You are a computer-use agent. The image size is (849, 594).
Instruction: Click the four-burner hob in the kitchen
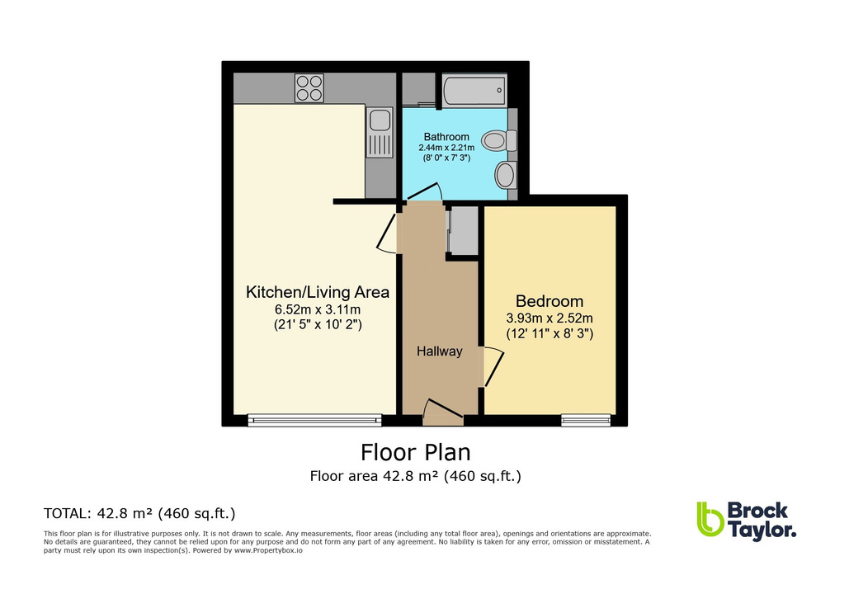(x=309, y=87)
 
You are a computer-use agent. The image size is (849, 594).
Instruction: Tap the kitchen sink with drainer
(x=380, y=133)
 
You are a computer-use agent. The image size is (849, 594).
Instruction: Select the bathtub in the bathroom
(x=474, y=91)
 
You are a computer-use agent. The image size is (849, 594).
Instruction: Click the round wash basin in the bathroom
(x=504, y=175)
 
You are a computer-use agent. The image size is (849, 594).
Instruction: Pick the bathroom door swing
(x=423, y=193)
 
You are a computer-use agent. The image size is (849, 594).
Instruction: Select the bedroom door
(x=492, y=367)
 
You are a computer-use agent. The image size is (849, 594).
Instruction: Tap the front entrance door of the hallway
(x=442, y=410)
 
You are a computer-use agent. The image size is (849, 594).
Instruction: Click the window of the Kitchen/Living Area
(x=315, y=420)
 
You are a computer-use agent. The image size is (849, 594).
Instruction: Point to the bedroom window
(x=586, y=420)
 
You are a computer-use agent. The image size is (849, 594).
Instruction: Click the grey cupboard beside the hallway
(x=463, y=232)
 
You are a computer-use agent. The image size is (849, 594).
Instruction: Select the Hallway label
(x=439, y=351)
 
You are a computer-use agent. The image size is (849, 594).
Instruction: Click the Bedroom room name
(x=549, y=301)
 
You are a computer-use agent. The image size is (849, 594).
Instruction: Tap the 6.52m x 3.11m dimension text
(x=318, y=309)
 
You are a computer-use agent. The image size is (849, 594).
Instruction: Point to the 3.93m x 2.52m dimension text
(x=549, y=318)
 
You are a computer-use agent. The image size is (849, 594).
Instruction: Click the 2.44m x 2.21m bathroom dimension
(x=446, y=148)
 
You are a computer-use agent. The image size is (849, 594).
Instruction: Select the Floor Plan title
(x=416, y=453)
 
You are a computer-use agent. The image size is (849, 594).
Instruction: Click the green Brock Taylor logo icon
(x=710, y=520)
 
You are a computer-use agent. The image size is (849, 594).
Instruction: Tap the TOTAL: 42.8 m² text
(x=139, y=513)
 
